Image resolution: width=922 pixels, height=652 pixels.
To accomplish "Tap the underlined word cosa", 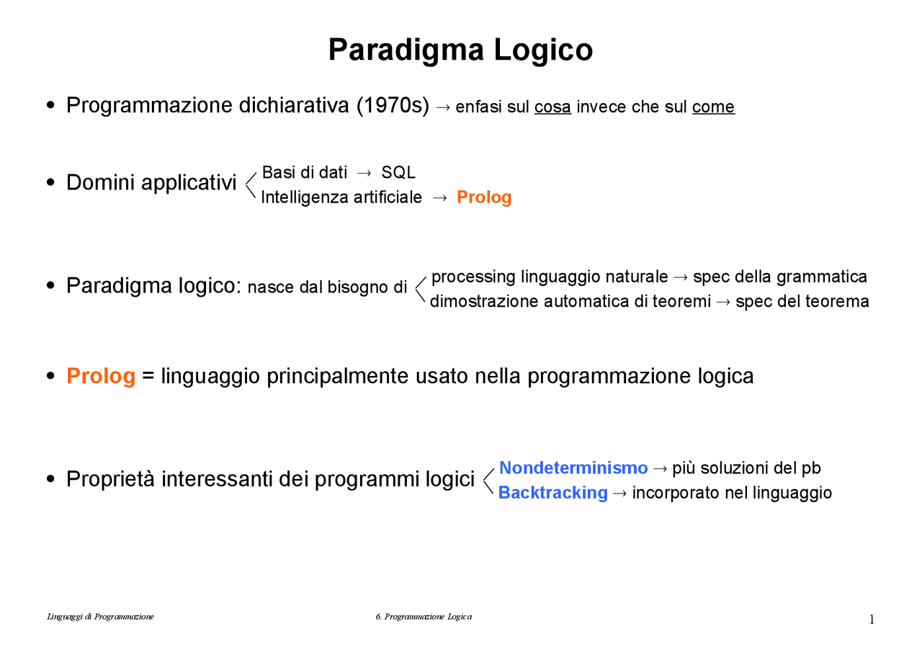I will click(x=552, y=107).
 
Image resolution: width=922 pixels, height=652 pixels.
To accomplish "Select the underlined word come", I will click(x=713, y=107).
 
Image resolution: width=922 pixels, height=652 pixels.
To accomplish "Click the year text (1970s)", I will click(x=393, y=106).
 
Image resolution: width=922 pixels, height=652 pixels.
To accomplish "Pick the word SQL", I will click(x=398, y=173).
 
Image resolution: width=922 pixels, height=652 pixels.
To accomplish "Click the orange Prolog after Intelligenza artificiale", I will click(x=484, y=197).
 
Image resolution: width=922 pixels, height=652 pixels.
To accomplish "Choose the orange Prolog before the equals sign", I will click(x=101, y=376).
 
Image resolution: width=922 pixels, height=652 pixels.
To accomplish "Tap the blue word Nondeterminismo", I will click(x=573, y=468).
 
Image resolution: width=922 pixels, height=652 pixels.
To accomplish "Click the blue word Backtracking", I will click(x=553, y=493).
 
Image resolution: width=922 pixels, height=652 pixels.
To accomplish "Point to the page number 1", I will click(x=872, y=620).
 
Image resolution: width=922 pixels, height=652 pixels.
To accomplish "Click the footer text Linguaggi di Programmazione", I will click(x=100, y=617).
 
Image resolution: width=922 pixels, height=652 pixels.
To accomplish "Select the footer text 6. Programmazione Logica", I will click(x=424, y=617).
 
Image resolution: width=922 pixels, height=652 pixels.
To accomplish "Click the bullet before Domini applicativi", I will click(x=50, y=183).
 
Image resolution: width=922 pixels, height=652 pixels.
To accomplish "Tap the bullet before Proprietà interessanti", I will click(x=50, y=479).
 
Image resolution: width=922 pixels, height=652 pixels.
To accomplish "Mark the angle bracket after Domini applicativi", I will click(x=251, y=184).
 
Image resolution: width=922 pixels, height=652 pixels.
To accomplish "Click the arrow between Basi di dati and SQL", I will click(x=364, y=174).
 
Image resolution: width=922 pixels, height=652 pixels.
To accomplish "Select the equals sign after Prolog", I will click(x=148, y=377).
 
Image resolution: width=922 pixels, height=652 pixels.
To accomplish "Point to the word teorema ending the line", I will click(x=838, y=302).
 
